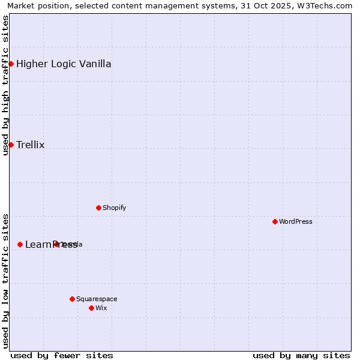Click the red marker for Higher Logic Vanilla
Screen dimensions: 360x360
point(11,64)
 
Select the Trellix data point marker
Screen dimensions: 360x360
point(11,145)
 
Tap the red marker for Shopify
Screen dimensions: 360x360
point(98,208)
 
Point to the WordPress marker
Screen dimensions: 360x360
point(275,221)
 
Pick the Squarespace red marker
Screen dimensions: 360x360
point(72,299)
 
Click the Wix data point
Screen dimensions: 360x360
point(91,308)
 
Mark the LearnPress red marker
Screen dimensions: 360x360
point(20,244)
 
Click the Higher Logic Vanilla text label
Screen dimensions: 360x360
point(64,64)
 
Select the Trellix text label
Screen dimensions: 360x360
point(31,145)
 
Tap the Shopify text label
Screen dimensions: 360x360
point(114,208)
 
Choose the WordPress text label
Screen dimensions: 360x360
point(296,221)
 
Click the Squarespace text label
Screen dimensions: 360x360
point(97,299)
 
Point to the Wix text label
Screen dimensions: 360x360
point(101,308)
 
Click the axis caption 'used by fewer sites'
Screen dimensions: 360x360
point(62,355)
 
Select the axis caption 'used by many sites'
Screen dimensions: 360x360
point(301,355)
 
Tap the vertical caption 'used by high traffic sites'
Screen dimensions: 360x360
point(5,85)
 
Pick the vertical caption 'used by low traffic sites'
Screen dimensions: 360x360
point(5,281)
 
